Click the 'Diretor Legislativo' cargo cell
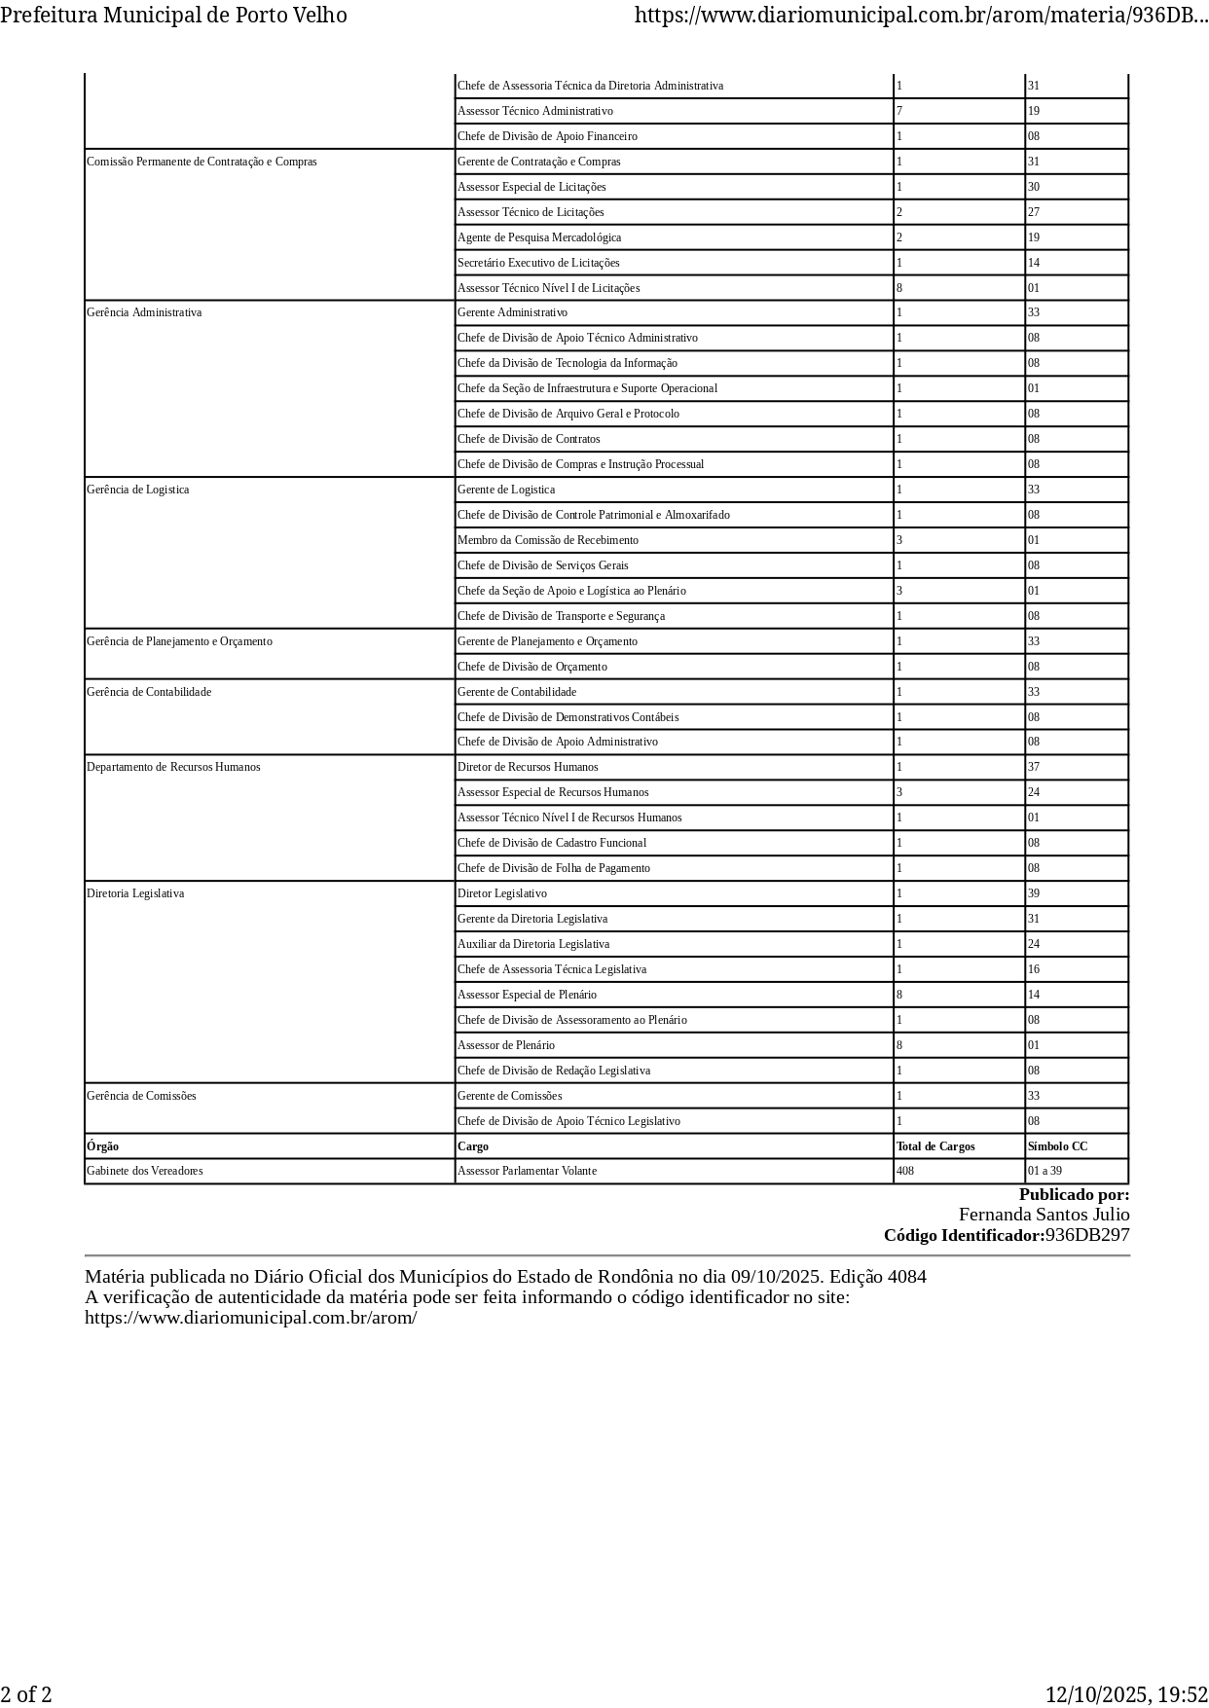point(502,893)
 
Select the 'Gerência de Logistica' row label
point(137,490)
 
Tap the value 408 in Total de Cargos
point(905,1171)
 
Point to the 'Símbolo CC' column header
point(1057,1146)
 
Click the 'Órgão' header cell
point(103,1146)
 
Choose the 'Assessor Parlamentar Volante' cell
point(527,1171)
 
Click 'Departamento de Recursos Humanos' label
point(173,767)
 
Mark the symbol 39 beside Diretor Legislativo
point(1034,893)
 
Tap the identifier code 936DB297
point(1087,1235)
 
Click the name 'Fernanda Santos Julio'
point(1044,1215)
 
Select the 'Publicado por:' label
point(1074,1194)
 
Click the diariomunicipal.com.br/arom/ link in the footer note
point(250,1318)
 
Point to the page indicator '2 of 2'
point(26,1694)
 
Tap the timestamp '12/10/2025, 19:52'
point(1126,1694)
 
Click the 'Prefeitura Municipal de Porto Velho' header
point(173,15)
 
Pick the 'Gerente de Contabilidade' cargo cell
point(517,692)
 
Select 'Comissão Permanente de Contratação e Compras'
point(201,162)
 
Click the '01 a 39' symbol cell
point(1044,1171)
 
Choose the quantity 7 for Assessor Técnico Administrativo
point(899,111)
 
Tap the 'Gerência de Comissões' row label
point(141,1096)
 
